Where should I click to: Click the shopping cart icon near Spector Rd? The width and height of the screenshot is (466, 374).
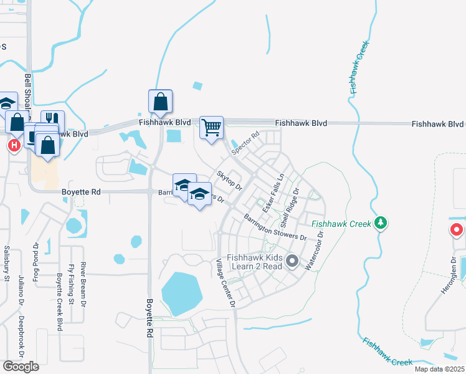click(x=212, y=128)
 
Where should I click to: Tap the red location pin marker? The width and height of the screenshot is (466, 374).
click(x=457, y=230)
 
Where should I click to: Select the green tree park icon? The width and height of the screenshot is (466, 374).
click(x=381, y=223)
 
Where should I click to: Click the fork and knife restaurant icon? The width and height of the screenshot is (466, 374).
click(x=52, y=120)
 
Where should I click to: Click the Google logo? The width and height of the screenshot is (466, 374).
click(x=21, y=367)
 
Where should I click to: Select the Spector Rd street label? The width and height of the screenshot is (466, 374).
click(x=245, y=144)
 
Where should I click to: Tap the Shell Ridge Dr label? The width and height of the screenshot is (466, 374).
click(x=291, y=207)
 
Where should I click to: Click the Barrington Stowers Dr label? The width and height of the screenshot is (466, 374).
click(x=275, y=228)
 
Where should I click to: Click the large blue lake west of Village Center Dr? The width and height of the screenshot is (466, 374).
click(x=181, y=293)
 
